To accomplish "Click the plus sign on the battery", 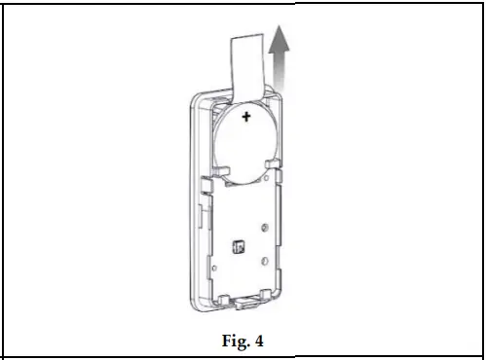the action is pos(246,118).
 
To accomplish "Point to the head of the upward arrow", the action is pos(281,40).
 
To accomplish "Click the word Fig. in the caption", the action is pos(228,341).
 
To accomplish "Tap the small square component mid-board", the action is pos(236,247).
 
